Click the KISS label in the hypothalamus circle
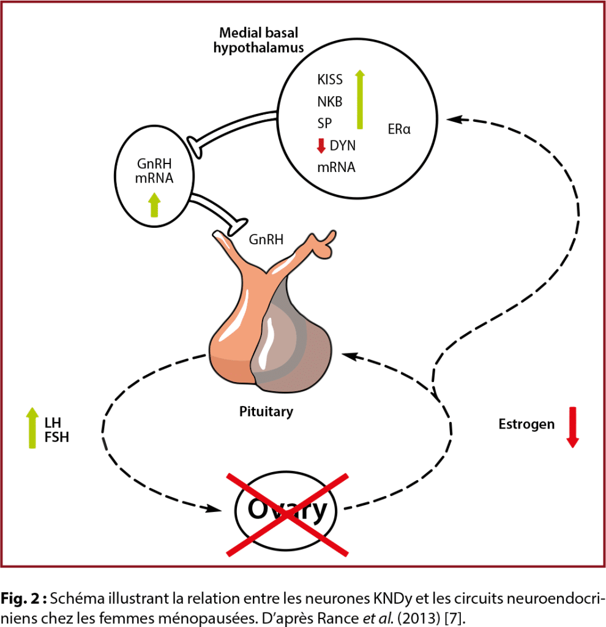click(330, 80)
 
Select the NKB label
click(330, 102)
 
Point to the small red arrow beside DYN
click(320, 146)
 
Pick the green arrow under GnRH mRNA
click(154, 205)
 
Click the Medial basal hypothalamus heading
click(259, 42)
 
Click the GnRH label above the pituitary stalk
click(266, 240)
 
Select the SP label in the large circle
click(325, 124)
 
